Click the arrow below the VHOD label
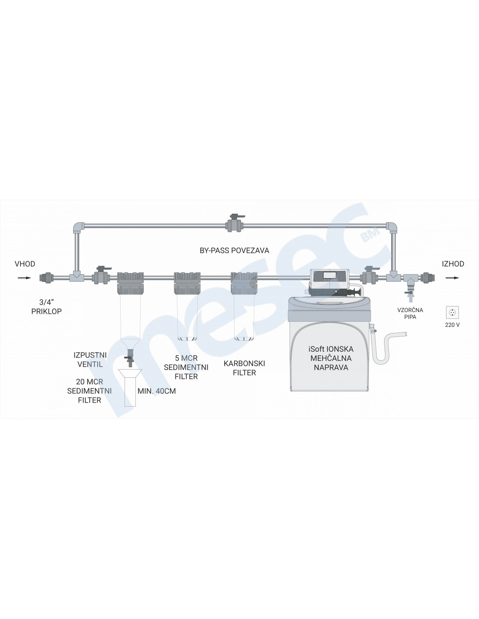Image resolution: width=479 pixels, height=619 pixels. [x=24, y=278]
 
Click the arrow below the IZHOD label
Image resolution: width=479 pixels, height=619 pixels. [x=452, y=278]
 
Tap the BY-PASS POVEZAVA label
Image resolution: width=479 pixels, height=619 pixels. [x=234, y=250]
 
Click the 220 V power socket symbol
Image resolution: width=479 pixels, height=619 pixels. [x=452, y=312]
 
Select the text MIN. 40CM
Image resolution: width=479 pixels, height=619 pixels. [x=157, y=391]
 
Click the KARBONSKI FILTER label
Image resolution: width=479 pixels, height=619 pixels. [x=244, y=368]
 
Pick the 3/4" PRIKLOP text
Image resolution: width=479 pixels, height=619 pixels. [x=47, y=307]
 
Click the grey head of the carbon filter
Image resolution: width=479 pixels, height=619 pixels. [x=244, y=283]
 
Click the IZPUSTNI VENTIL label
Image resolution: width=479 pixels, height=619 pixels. [x=90, y=360]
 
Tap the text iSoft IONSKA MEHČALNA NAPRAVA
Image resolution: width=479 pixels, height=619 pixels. [x=331, y=358]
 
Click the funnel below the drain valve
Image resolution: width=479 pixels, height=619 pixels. [x=130, y=387]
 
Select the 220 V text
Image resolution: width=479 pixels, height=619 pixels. [x=452, y=325]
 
